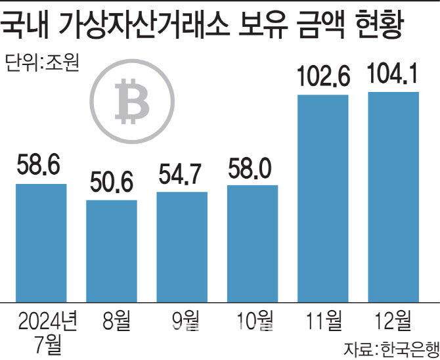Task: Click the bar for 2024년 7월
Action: pyautogui.click(x=41, y=243)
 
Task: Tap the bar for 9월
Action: pyautogui.click(x=182, y=247)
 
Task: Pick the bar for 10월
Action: pyautogui.click(x=252, y=244)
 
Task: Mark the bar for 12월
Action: pyautogui.click(x=393, y=197)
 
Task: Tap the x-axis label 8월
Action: pyautogui.click(x=112, y=322)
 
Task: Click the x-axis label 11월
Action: pyautogui.click(x=323, y=322)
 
